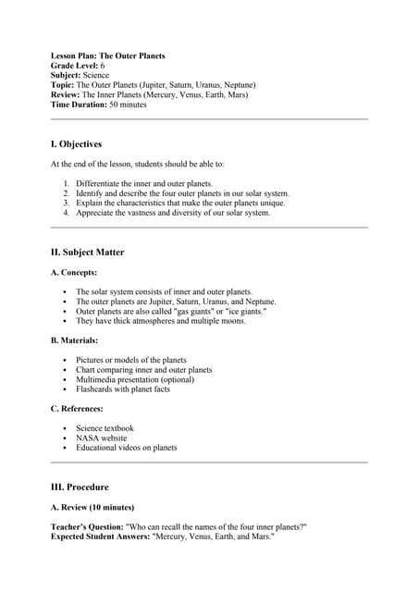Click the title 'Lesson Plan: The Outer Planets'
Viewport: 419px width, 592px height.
pyautogui.click(x=107, y=55)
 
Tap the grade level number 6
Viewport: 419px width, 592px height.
pyautogui.click(x=103, y=66)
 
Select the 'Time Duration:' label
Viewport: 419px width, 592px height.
pyautogui.click(x=79, y=105)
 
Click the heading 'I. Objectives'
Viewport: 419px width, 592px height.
pyautogui.click(x=76, y=144)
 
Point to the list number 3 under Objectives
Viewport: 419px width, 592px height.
pyautogui.click(x=67, y=203)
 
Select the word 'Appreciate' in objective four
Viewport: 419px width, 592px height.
pyautogui.click(x=95, y=213)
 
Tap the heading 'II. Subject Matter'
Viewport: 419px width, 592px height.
pyautogui.click(x=87, y=252)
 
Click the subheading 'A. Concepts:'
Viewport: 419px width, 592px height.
pyautogui.click(x=74, y=273)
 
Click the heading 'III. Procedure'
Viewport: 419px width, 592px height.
pyautogui.click(x=80, y=487)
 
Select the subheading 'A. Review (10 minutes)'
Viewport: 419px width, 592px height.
pyautogui.click(x=92, y=507)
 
